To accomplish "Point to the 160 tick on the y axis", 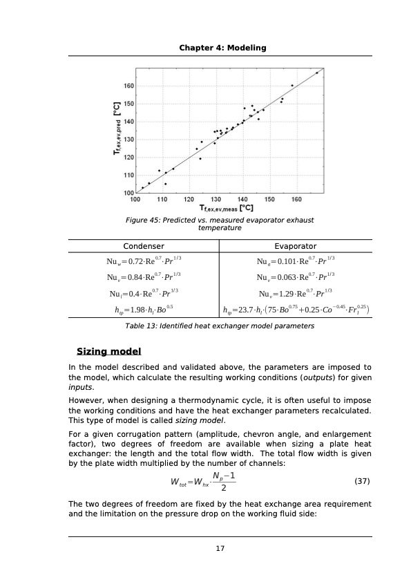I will pos(129,86).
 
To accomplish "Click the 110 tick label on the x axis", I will pos(162,199).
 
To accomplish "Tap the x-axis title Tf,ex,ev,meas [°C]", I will pos(226,207).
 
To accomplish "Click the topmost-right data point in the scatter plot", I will pos(317,73).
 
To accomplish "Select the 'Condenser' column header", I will pos(143,246).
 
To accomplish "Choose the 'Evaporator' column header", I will pos(295,246).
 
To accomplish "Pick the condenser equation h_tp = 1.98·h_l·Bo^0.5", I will pos(143,309).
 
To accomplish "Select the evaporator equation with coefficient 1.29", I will pos(295,292).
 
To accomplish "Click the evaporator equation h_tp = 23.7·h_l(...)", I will pos(296,309).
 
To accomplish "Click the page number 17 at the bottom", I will pos(220,549).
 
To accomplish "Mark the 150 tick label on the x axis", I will pos(270,199).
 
